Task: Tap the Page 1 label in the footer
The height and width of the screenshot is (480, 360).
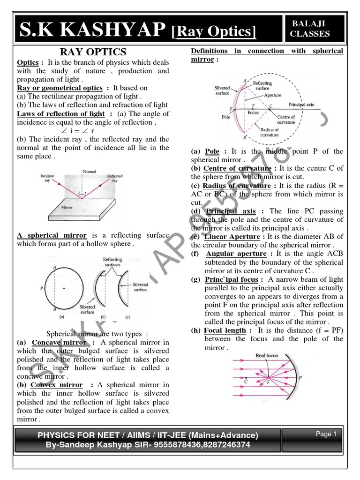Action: (326, 434)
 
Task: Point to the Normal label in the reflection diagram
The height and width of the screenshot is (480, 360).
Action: (89, 172)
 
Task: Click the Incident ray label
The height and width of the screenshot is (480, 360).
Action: (47, 179)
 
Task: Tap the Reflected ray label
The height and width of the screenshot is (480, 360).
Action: (115, 179)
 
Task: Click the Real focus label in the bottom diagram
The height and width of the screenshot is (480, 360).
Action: (266, 356)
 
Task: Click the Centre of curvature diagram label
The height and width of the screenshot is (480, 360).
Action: (286, 120)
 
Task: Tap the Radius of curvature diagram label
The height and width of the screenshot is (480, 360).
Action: (269, 132)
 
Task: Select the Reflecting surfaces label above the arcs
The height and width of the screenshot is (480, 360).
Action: (112, 262)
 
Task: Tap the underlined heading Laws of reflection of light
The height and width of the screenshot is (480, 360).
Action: (60, 114)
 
